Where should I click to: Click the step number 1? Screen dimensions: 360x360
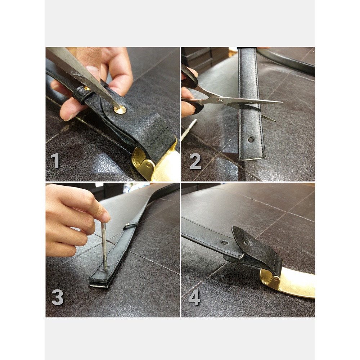click(55, 161)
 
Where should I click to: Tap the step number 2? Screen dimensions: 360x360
click(195, 161)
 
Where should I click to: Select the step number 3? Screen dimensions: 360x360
click(57, 297)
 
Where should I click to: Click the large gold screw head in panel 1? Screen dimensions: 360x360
click(120, 110)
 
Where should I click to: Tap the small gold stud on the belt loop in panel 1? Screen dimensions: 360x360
click(87, 89)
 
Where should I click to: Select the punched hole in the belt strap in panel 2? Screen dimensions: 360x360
click(251, 139)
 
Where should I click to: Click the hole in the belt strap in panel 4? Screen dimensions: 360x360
click(225, 242)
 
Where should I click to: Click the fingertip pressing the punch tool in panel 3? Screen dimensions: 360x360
click(105, 216)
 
